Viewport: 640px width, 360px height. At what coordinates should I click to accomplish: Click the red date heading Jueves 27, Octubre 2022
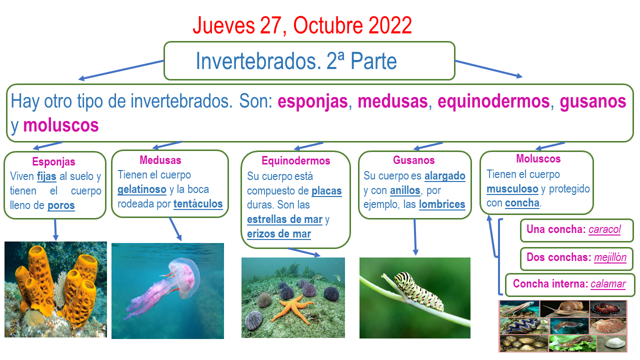(x=302, y=25)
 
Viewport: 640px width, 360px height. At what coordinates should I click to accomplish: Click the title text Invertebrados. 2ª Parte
(x=296, y=61)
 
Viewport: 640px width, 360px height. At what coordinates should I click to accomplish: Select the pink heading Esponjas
(x=53, y=161)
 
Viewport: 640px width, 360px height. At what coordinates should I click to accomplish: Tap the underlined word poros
(x=61, y=205)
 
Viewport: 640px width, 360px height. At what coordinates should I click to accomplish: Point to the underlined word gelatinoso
(x=142, y=189)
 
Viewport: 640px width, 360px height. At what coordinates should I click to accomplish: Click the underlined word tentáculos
(x=198, y=204)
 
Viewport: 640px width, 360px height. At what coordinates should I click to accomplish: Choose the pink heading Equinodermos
(x=296, y=161)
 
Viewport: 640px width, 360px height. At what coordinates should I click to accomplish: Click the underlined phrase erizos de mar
(x=279, y=234)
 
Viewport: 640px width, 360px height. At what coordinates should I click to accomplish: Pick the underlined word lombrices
(x=442, y=204)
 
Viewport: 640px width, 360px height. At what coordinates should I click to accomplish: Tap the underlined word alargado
(x=445, y=176)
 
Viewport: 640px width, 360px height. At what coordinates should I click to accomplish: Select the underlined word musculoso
(x=512, y=189)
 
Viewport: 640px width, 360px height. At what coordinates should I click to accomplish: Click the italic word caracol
(x=604, y=229)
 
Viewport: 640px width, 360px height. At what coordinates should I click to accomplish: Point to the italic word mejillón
(x=610, y=257)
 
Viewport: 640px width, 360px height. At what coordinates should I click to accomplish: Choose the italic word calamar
(x=608, y=284)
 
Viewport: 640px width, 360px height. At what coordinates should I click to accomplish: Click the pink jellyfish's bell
(x=184, y=276)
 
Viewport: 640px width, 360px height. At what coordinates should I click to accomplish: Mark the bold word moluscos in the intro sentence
(x=61, y=125)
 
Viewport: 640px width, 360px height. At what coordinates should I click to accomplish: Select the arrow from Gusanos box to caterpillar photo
(x=415, y=237)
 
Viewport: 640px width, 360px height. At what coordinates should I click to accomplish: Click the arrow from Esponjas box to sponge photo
(x=55, y=230)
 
